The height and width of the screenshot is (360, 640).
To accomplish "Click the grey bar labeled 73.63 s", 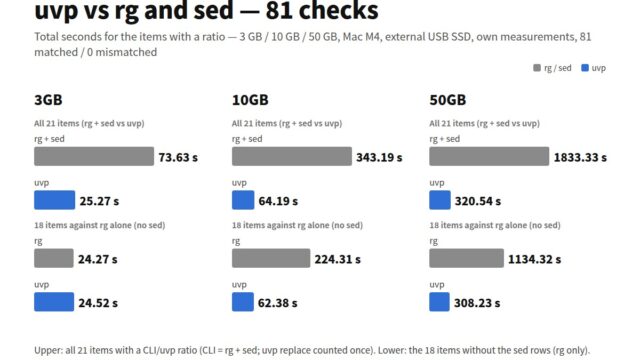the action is coord(94,156).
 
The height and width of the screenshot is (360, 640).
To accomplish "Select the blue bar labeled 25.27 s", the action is coord(55,200).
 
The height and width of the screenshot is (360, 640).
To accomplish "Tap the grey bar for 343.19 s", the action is coord(292,156).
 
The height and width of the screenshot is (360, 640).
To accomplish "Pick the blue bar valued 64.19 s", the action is coord(243,200).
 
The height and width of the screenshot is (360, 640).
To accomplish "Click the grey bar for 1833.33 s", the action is coord(489,156).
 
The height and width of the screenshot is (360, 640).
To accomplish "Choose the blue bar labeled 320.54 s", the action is coord(440,200).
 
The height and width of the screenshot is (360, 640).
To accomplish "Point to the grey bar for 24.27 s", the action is coord(54,258).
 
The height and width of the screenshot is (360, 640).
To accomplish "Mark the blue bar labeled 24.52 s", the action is coord(54,302).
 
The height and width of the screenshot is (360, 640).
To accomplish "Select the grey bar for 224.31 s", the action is coord(271,258).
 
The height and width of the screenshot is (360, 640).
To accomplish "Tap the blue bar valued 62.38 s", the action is coord(243,302).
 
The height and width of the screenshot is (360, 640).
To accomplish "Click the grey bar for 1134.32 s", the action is coord(467,258).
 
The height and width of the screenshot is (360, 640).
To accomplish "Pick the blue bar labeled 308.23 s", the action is coord(440,302).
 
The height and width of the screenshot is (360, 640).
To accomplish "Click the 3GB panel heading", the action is coord(48,100).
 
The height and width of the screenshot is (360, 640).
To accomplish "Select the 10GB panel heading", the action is coord(250,100).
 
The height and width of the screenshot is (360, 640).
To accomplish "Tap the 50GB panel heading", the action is coord(448,100).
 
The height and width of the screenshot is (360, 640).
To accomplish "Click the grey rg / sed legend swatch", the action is coord(537,68).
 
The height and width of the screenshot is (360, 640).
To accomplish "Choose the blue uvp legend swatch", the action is coord(585,68).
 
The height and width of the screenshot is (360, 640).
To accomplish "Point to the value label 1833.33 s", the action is coord(580,158).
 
